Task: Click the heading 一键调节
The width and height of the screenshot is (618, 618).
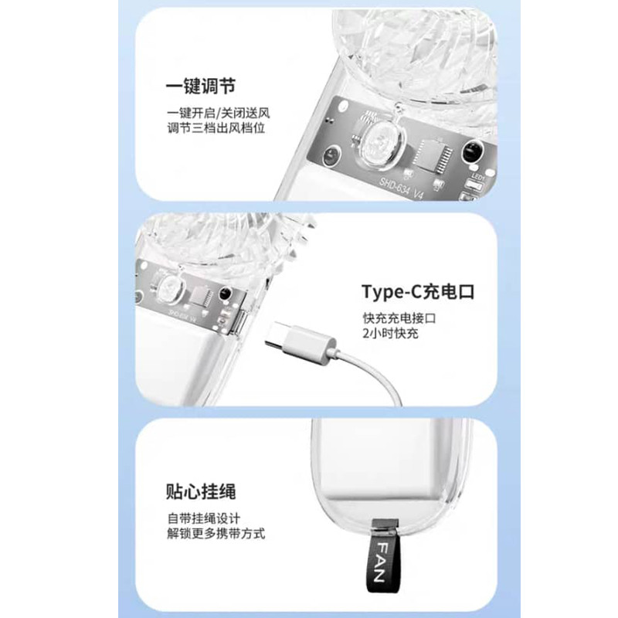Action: (x=201, y=87)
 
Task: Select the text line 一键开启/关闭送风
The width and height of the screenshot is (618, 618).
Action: (x=219, y=114)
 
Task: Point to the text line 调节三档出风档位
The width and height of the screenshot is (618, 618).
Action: (x=216, y=128)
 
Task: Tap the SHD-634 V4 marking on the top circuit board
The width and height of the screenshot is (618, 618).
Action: (x=401, y=188)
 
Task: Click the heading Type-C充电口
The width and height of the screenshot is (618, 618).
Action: (x=418, y=292)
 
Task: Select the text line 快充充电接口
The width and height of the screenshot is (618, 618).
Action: (x=399, y=318)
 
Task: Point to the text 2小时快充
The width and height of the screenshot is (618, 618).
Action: (x=390, y=334)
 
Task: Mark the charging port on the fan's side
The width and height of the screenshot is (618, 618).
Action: (x=242, y=323)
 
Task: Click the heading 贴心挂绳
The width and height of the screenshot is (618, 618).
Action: (x=201, y=492)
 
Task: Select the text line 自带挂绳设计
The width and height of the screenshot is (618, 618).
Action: (x=203, y=518)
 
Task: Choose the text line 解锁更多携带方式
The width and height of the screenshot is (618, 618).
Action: (x=216, y=534)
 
